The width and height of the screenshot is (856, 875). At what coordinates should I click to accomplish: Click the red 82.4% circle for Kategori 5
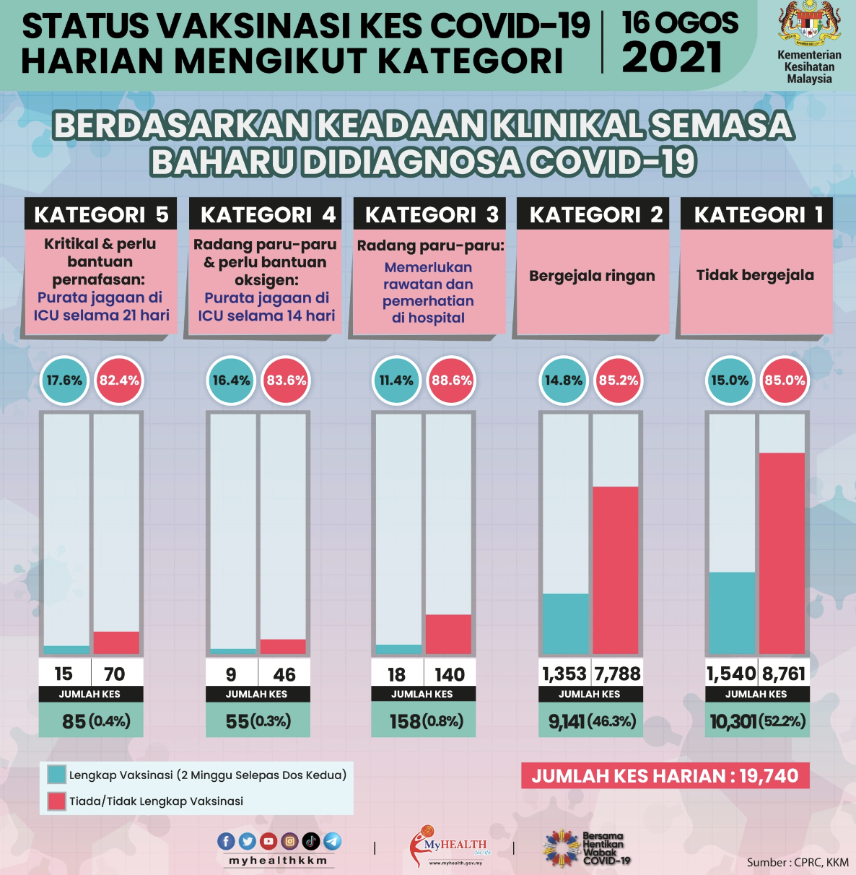(x=119, y=380)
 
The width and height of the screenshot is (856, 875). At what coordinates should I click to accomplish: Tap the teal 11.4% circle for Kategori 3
(x=396, y=380)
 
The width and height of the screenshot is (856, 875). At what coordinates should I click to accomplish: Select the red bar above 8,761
(x=782, y=553)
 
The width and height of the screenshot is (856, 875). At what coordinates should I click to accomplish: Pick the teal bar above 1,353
(x=565, y=624)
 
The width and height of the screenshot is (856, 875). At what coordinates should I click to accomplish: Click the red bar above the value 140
(x=448, y=634)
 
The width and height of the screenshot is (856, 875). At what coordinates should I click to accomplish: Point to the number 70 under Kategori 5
(x=115, y=674)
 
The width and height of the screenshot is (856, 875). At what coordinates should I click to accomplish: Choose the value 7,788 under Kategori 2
(x=617, y=674)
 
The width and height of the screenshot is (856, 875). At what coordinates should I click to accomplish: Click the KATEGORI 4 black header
(x=266, y=214)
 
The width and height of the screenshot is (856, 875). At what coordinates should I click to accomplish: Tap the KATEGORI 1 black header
(x=756, y=214)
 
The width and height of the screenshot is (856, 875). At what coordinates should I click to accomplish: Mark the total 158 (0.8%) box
(x=423, y=721)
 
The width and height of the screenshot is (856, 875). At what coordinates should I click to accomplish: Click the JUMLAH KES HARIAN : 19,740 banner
(x=665, y=776)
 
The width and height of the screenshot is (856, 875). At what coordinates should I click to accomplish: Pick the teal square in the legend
(x=56, y=775)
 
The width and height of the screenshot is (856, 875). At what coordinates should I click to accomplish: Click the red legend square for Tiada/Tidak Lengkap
(x=56, y=801)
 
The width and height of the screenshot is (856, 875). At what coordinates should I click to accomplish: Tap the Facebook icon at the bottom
(x=226, y=841)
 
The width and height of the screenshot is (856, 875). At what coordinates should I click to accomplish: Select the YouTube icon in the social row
(x=268, y=841)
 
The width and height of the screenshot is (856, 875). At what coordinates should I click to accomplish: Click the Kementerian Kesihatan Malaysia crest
(x=809, y=24)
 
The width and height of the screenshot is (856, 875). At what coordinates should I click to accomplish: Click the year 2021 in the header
(x=671, y=58)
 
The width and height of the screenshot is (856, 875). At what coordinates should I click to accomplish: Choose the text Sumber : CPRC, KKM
(x=798, y=862)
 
